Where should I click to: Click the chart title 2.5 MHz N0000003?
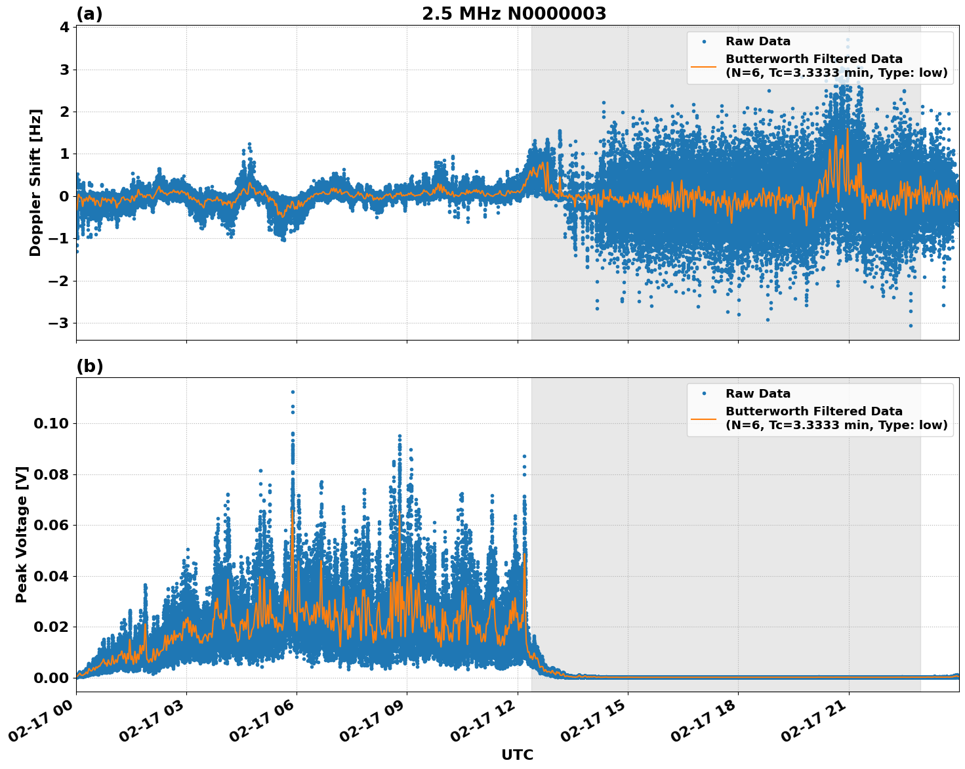point(514,14)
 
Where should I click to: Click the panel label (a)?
point(89,14)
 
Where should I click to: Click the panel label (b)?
point(89,366)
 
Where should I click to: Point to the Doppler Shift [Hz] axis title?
point(35,182)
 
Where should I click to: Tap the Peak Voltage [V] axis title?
point(22,534)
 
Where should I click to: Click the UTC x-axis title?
point(517,755)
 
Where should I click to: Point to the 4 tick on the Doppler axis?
point(64,27)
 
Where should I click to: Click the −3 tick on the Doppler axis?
point(58,323)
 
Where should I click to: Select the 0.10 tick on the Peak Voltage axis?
point(51,423)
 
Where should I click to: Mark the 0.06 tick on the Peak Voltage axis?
point(51,525)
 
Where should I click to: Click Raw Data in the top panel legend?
point(758,41)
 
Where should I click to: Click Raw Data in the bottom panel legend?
point(758,394)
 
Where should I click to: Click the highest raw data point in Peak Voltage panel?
point(293,392)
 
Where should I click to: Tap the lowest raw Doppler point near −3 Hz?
point(911,325)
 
